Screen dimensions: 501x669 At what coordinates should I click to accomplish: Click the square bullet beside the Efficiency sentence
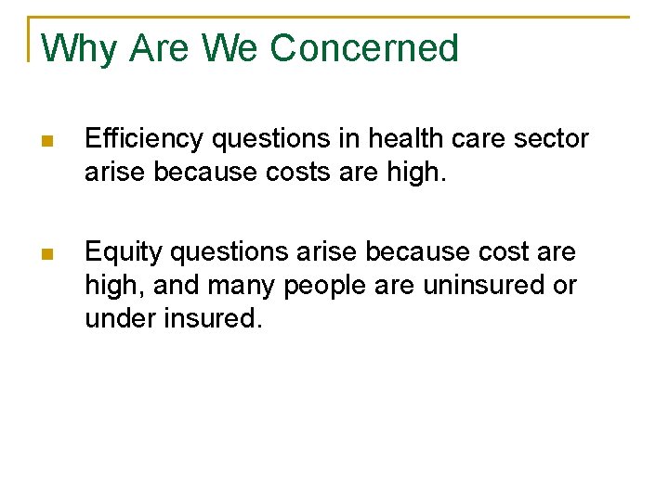pos(48,142)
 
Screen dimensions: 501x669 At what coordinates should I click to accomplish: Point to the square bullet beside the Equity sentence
pos(48,254)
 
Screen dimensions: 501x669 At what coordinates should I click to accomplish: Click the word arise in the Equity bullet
pos(333,252)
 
